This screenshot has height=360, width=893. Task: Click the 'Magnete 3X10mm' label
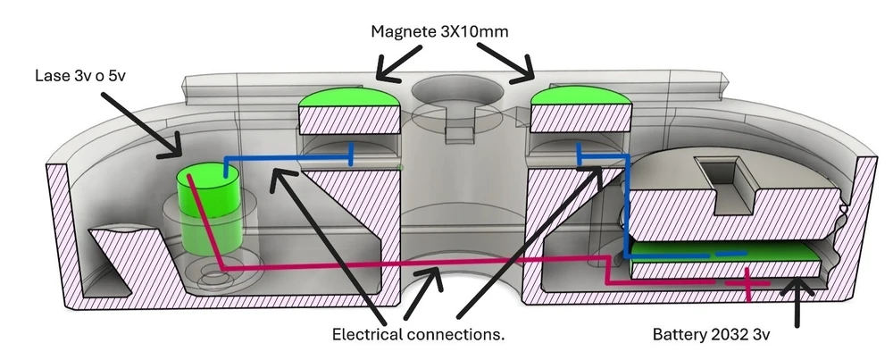point(439,31)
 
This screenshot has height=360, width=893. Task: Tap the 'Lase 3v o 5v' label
point(79,75)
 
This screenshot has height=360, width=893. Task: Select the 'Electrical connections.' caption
point(419,334)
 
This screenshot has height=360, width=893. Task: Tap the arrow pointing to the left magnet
point(399,63)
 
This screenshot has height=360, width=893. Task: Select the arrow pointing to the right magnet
point(505,63)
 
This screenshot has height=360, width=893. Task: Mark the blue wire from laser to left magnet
point(288,157)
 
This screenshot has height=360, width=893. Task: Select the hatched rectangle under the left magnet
point(348,120)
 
